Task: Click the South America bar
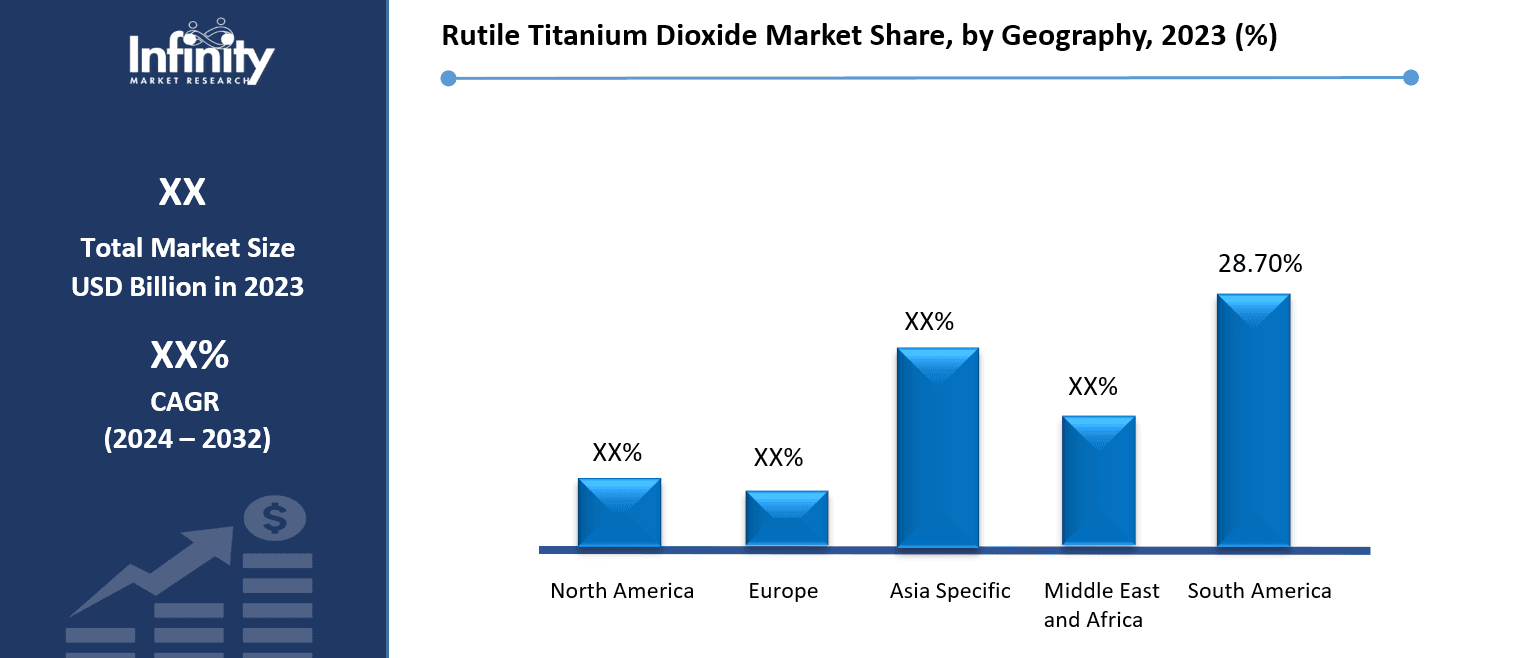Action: point(1253,420)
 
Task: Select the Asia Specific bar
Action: point(937,447)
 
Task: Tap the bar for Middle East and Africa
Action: point(1098,481)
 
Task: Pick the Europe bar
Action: point(786,518)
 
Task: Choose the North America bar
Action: point(619,512)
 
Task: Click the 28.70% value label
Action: point(1259,264)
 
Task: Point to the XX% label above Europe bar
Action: point(778,458)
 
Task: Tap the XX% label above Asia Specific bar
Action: point(929,322)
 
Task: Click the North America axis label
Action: point(622,591)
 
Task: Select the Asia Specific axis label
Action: point(950,591)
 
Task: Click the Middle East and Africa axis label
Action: point(1101,605)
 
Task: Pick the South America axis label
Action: point(1259,591)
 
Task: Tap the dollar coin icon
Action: point(275,518)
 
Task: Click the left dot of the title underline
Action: point(448,78)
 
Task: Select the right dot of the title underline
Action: point(1411,77)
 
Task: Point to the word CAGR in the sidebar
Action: point(185,402)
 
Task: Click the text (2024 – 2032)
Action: point(187,439)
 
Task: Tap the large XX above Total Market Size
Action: point(182,192)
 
